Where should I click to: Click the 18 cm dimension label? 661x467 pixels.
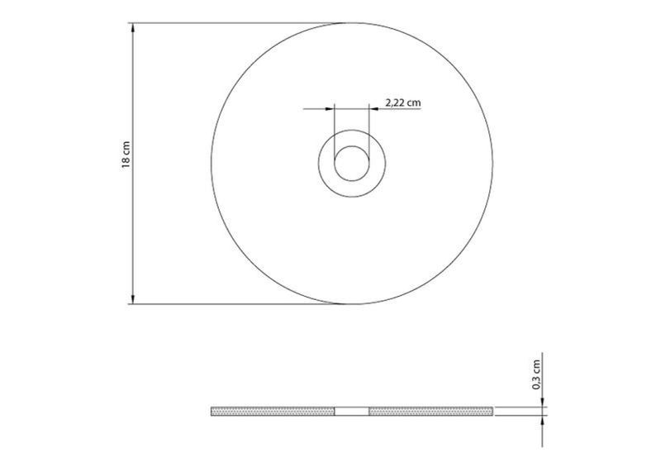(126, 155)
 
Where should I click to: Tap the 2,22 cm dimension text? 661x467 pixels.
(403, 102)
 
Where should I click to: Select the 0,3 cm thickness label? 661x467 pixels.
(536, 374)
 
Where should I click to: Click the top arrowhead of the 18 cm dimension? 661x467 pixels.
(133, 28)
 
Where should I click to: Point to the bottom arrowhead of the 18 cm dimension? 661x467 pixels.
(133, 298)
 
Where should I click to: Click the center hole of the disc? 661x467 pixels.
(352, 164)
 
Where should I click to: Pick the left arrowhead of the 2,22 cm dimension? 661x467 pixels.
(329, 109)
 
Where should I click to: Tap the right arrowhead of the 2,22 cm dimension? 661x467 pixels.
(374, 109)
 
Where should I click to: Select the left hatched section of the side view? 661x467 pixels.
(273, 412)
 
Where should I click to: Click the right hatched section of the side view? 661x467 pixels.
(430, 412)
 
